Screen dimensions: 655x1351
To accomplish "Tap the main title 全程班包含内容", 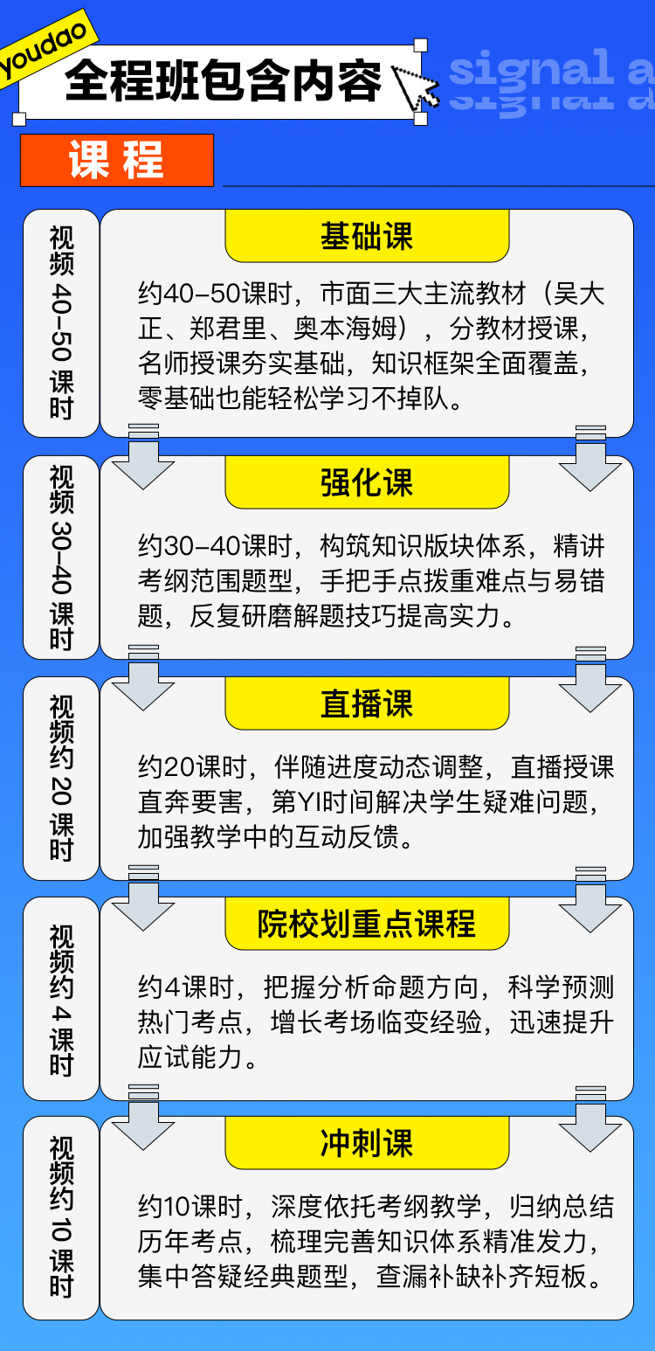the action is coord(224,80).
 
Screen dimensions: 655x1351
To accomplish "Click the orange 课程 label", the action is coord(117,160).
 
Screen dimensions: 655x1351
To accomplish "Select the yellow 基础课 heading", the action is coord(367,236).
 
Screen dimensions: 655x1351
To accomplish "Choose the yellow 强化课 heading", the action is coord(367,482).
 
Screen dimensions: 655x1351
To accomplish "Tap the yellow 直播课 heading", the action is coord(367,703).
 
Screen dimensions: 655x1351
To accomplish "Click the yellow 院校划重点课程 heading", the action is coord(367,924).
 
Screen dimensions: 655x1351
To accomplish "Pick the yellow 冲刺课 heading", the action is coord(367,1143).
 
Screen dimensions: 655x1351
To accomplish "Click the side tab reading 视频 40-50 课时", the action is coord(61,322).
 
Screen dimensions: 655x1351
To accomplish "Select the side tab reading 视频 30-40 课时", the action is coord(61,558).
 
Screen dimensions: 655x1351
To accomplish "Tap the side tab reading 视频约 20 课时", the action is coord(61,778).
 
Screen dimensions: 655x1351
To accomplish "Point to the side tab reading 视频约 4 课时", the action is coord(61,998).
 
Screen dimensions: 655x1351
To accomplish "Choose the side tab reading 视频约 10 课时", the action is coord(61,1218).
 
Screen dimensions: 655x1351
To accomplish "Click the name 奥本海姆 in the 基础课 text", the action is coord(345,329).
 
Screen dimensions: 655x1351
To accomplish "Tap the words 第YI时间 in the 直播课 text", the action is coord(322,802).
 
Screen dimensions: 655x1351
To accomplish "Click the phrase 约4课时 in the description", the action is coord(186,987).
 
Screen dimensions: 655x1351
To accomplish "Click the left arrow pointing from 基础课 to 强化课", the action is coord(143,456).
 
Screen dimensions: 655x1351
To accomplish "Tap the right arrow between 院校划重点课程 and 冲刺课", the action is coord(589,1119).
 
